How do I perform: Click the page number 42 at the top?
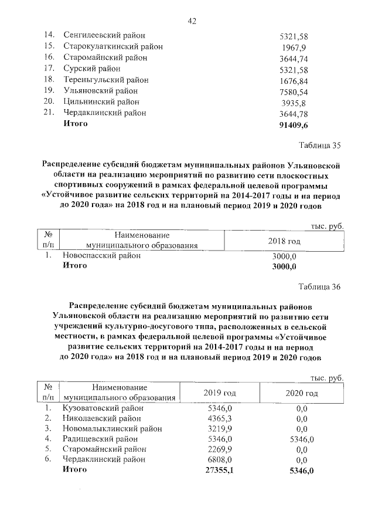tap(191, 21)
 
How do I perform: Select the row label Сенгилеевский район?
tap(104, 36)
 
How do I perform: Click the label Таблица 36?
tap(319, 286)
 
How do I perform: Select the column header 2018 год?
tap(284, 241)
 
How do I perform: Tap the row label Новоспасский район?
tap(101, 256)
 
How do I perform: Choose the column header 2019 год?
tap(219, 393)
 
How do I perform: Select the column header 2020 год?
tap(301, 393)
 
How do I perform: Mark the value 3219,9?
tap(221, 428)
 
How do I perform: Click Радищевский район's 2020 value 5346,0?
tap(302, 439)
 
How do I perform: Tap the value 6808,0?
tap(221, 459)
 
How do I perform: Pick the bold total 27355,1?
tap(221, 470)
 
